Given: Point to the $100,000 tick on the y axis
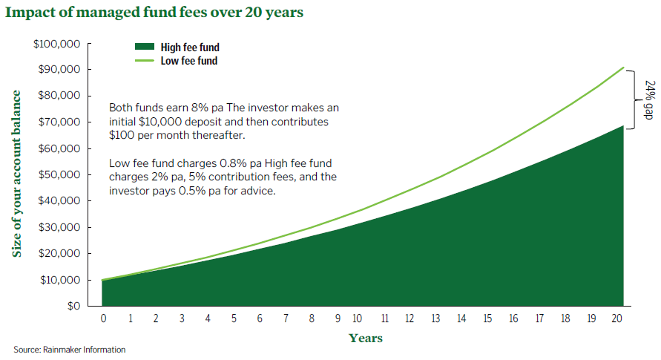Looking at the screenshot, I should coord(58,44).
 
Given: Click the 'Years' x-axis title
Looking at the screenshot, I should coord(366,338).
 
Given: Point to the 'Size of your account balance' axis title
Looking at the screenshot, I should coord(16,174).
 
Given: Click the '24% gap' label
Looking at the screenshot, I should coord(648,99).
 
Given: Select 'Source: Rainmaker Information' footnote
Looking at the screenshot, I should coord(70,350).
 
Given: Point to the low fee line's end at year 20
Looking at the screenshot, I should coord(622,68).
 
